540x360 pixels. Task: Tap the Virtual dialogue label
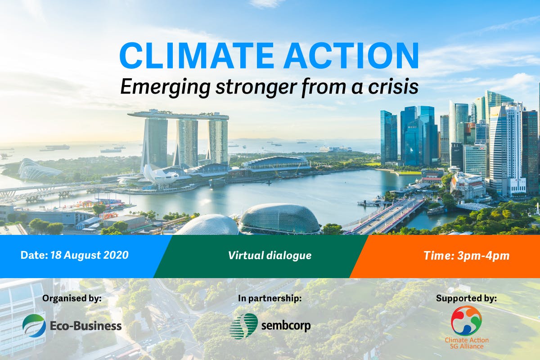click(270, 256)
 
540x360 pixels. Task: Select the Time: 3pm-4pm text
click(466, 256)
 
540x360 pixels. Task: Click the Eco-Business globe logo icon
click(34, 325)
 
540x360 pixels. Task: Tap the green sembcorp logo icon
click(243, 326)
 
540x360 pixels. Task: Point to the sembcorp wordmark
click(286, 325)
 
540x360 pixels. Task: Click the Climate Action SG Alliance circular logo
click(466, 320)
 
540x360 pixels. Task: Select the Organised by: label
click(72, 298)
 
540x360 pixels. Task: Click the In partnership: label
click(270, 298)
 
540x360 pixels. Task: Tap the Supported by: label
click(466, 298)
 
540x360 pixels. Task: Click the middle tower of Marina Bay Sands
click(186, 142)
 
